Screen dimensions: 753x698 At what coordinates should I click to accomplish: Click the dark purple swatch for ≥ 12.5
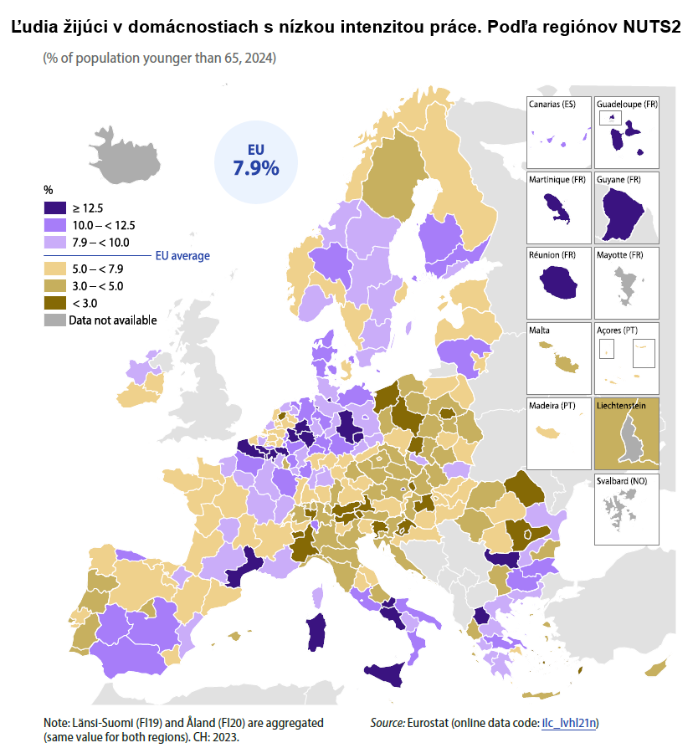point(54,208)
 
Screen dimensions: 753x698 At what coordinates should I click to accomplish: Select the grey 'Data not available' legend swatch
point(54,320)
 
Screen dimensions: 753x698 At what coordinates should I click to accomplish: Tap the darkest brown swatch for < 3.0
point(54,303)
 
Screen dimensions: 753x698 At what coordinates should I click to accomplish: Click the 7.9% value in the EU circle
point(255,167)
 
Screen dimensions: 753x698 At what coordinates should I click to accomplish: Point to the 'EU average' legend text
point(182,256)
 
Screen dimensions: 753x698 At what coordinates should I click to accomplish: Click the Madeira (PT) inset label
point(551,405)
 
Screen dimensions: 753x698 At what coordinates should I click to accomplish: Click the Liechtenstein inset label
point(621,405)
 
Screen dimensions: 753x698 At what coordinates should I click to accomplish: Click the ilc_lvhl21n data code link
point(570,722)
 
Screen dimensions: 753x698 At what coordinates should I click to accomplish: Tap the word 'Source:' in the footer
point(387,722)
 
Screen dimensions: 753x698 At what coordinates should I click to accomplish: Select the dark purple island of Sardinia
point(316,632)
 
